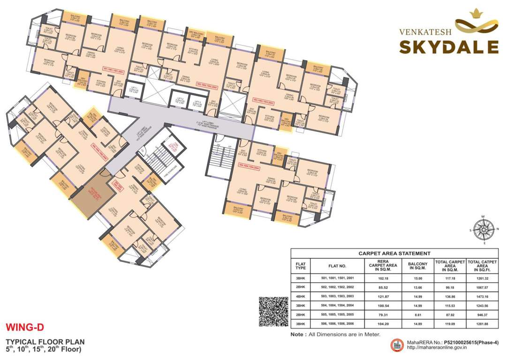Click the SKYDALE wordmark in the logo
[x=449, y=47]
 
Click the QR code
[x=273, y=311]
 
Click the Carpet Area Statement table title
[x=394, y=253]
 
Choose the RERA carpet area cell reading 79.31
[x=387, y=315]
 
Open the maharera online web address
[x=432, y=348]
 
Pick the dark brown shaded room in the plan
[x=91, y=193]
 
